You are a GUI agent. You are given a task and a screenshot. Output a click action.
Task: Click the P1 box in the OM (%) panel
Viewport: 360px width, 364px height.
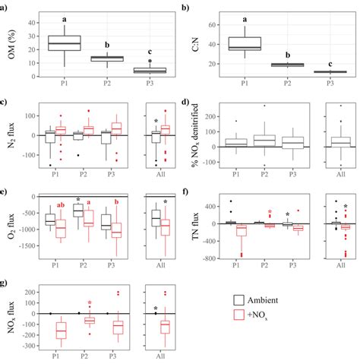64,43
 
